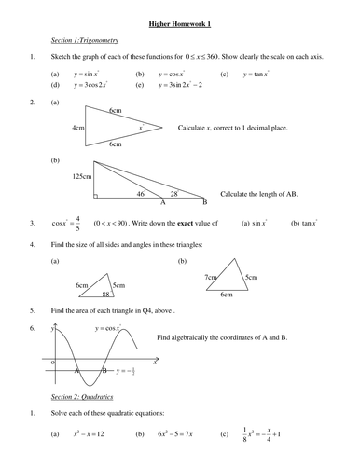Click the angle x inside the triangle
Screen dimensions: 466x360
[139, 128]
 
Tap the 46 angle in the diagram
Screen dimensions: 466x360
[140, 194]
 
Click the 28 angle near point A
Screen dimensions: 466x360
[173, 194]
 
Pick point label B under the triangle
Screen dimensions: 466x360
[203, 202]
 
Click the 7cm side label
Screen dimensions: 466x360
[208, 277]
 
